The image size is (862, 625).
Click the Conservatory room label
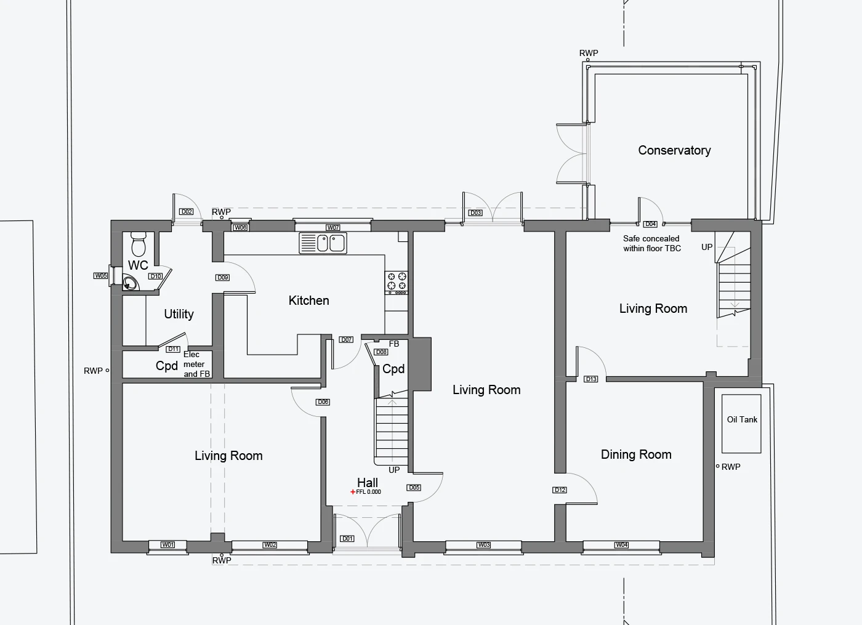click(x=674, y=150)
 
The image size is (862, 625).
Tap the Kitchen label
click(x=308, y=300)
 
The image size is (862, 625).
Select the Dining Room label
click(x=636, y=454)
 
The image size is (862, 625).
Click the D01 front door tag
click(x=347, y=538)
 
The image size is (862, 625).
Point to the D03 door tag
click(x=475, y=213)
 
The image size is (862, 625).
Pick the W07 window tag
click(x=333, y=227)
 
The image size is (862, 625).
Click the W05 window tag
click(x=100, y=276)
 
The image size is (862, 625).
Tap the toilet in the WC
click(x=138, y=244)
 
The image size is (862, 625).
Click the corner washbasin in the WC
click(x=130, y=283)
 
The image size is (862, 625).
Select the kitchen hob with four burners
click(x=397, y=283)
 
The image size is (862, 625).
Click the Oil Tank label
click(x=742, y=419)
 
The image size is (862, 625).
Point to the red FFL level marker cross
click(x=352, y=492)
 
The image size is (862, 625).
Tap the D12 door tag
click(x=560, y=490)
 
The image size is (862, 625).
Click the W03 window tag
click(x=483, y=545)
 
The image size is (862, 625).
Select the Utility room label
click(x=179, y=314)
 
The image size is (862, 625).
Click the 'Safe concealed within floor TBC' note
click(x=652, y=244)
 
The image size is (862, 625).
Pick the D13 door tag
click(x=590, y=379)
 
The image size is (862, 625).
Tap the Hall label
click(x=368, y=483)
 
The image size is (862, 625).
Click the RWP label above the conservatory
click(x=589, y=53)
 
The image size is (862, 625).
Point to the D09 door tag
click(x=222, y=278)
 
